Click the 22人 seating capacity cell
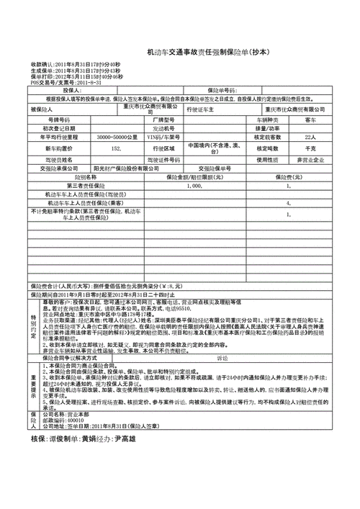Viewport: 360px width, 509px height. coord(310,136)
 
